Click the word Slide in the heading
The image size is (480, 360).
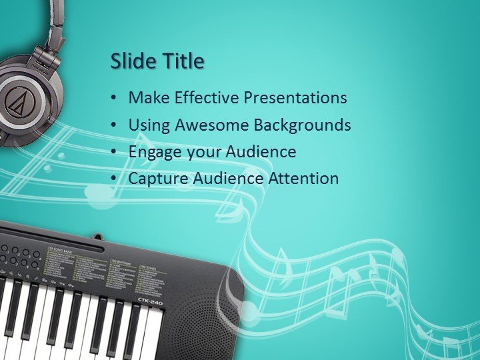131,61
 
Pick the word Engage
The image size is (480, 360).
153,152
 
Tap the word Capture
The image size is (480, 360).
158,179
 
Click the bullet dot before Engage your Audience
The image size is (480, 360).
115,152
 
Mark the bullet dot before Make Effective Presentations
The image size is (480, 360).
115,98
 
